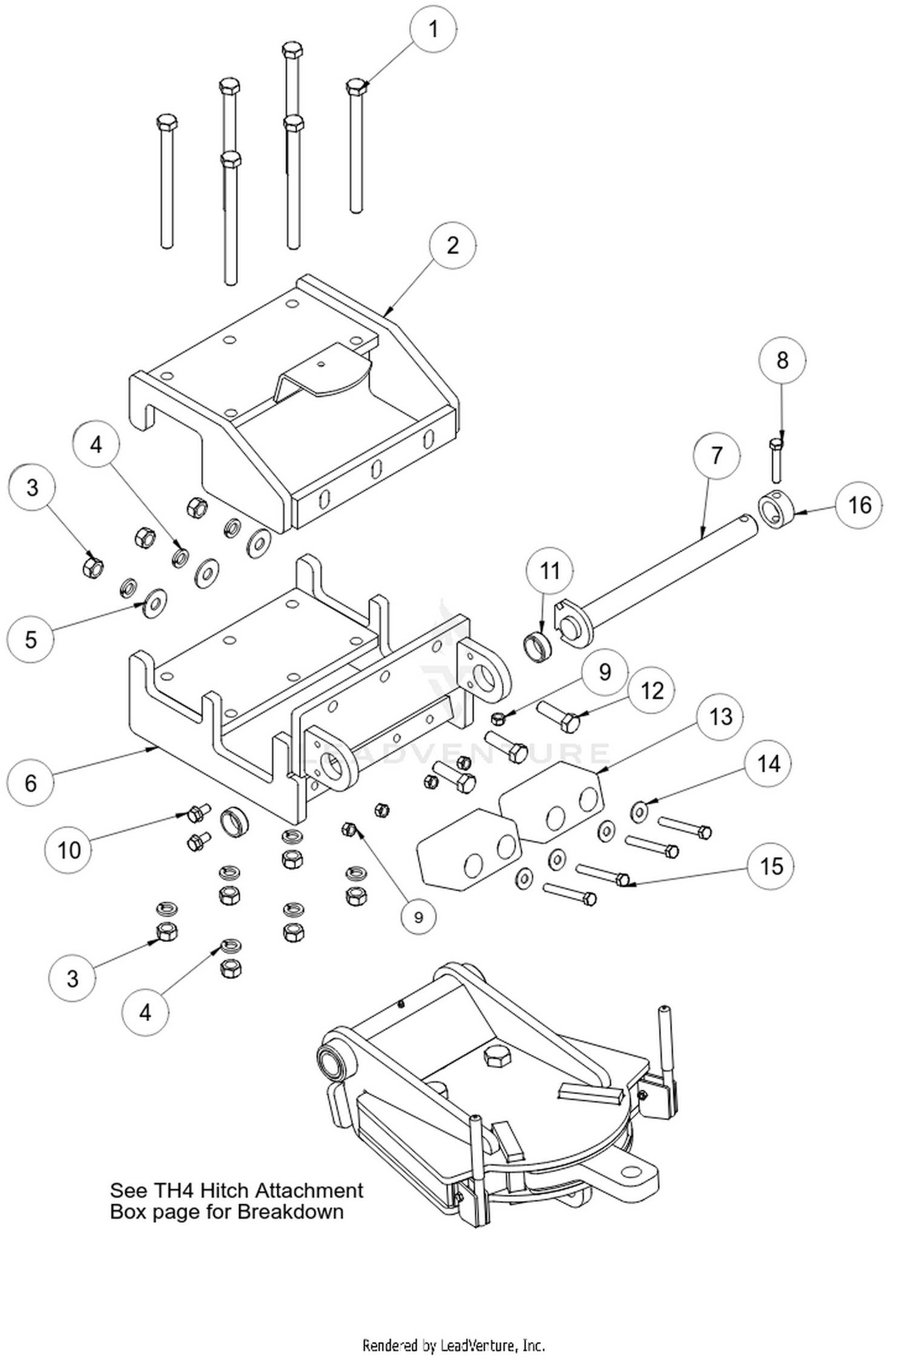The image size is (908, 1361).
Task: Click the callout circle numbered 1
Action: coord(433,28)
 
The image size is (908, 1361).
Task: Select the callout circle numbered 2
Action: coord(452,246)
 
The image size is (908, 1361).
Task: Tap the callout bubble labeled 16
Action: coord(859,505)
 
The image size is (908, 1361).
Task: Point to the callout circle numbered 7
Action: coord(717,455)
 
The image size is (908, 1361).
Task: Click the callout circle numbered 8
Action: coord(782,361)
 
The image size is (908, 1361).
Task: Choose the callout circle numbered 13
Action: coord(720,717)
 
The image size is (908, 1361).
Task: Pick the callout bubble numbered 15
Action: coord(771,866)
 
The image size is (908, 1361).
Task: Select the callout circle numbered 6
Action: coord(31,783)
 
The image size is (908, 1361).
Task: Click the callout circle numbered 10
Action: coord(68,850)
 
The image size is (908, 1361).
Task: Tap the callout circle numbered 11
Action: coord(550,570)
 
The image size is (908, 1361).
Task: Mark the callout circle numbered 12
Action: coord(651,691)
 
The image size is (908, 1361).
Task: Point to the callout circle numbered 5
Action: coord(31,639)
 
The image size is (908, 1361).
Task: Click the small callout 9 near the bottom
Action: coord(418,917)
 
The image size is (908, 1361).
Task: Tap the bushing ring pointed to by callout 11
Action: coord(537,646)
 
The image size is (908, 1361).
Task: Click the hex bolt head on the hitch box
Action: coord(497,1056)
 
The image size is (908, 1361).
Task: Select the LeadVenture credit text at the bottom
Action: coord(453,1345)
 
